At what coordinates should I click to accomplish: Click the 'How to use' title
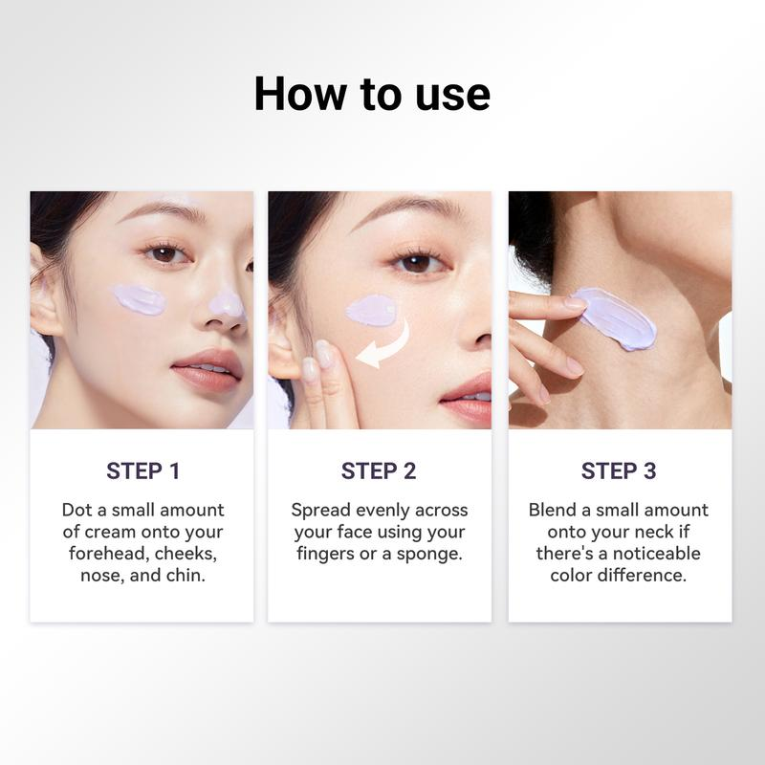372,94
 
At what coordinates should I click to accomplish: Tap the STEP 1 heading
142,471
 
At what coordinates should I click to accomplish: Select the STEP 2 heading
379,471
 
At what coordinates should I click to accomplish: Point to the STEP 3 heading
619,471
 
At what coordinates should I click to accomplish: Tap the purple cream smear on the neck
615,318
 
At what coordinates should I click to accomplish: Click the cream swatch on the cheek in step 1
140,299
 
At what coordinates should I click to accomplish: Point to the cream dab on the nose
226,303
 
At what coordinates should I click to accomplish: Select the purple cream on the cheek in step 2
372,310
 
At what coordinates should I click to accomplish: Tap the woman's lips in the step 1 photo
208,368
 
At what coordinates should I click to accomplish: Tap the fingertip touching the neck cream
576,303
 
